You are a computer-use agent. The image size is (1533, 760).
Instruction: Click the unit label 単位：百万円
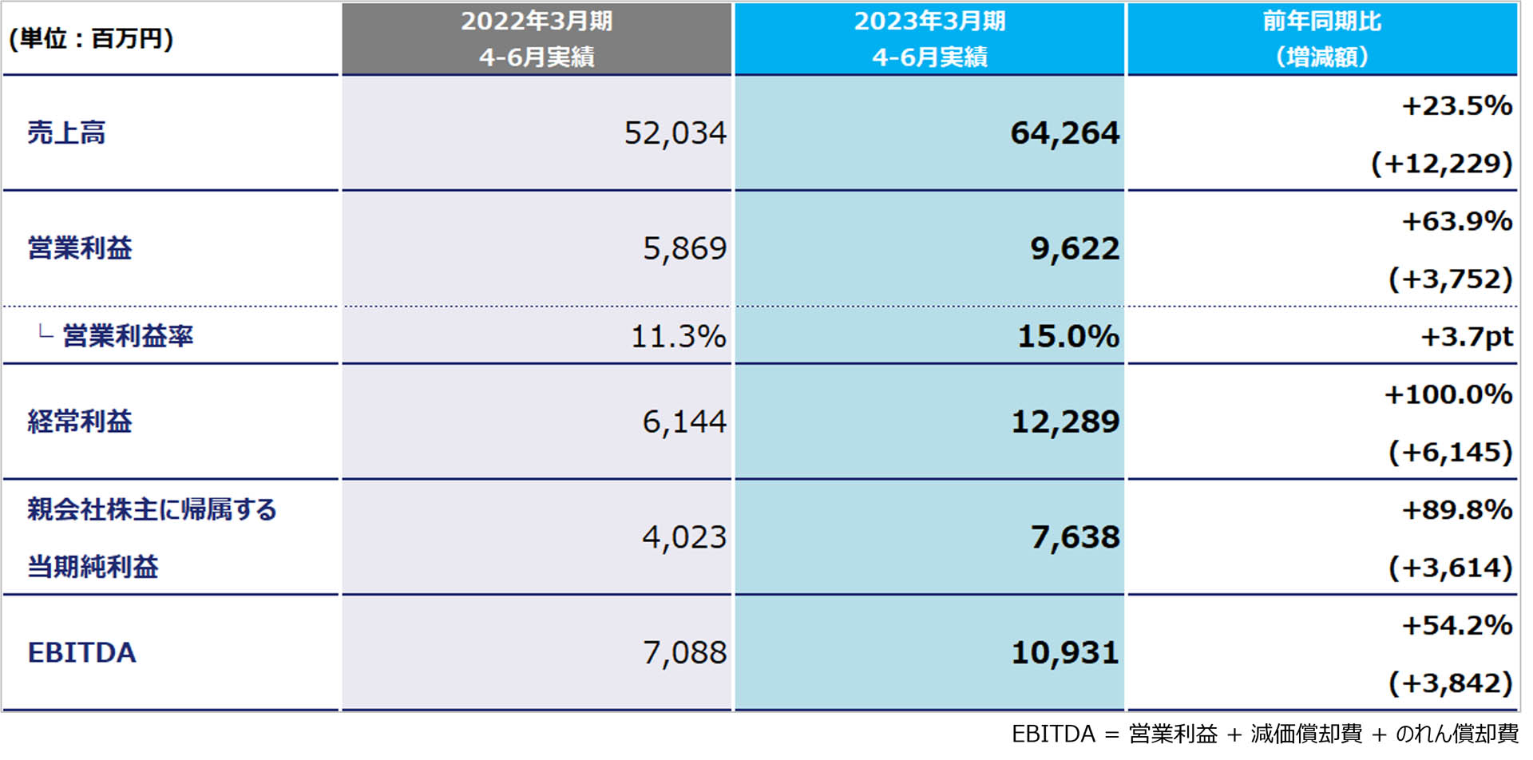pyautogui.click(x=91, y=38)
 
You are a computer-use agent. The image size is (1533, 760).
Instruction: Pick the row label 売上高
pyautogui.click(x=66, y=133)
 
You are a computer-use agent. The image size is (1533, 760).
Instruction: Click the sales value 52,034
pyautogui.click(x=675, y=133)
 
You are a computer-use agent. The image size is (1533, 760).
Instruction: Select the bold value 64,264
pyautogui.click(x=1065, y=133)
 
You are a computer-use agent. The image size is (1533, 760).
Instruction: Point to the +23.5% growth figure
pyautogui.click(x=1456, y=105)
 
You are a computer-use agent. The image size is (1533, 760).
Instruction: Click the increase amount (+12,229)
pyautogui.click(x=1441, y=163)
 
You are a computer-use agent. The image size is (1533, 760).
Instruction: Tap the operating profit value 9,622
pyautogui.click(x=1075, y=249)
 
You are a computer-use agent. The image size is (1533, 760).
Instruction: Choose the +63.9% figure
pyautogui.click(x=1456, y=221)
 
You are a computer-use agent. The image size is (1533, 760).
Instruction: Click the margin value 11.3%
pyautogui.click(x=678, y=336)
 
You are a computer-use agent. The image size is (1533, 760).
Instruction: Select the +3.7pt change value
pyautogui.click(x=1466, y=336)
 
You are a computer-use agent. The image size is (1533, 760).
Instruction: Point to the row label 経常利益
pyautogui.click(x=80, y=422)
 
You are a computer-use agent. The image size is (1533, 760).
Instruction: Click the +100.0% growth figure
pyautogui.click(x=1448, y=394)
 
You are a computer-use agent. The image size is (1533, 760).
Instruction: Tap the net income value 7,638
pyautogui.click(x=1075, y=537)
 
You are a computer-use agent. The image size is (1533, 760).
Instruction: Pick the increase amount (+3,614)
pyautogui.click(x=1450, y=567)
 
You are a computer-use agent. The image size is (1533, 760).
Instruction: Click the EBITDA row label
pyautogui.click(x=81, y=653)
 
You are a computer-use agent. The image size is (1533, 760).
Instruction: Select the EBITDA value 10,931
pyautogui.click(x=1065, y=653)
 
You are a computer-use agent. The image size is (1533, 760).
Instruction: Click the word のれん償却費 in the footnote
pyautogui.click(x=1456, y=734)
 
